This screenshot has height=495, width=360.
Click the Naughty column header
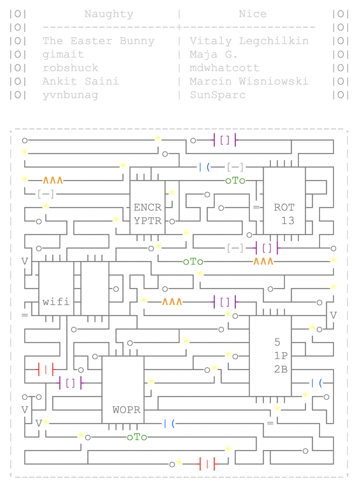(109, 14)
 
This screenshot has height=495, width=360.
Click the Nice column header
(252, 14)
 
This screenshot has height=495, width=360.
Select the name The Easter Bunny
(99, 41)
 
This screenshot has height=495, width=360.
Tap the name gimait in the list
(63, 54)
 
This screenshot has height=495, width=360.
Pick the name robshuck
(70, 68)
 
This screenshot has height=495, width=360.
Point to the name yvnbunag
(70, 95)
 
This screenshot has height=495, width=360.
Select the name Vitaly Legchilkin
(249, 41)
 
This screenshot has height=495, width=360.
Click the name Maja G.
(214, 54)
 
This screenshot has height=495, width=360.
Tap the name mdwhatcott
(225, 68)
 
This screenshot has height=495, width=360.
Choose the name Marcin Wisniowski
(249, 81)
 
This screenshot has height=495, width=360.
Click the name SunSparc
(218, 95)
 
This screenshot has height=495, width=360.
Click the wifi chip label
(56, 302)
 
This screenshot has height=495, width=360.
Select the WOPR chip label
(126, 410)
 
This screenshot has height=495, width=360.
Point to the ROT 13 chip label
(284, 214)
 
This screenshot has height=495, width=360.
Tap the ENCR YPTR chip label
(148, 214)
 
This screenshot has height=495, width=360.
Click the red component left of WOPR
(45, 369)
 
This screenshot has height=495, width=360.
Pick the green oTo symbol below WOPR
(137, 437)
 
